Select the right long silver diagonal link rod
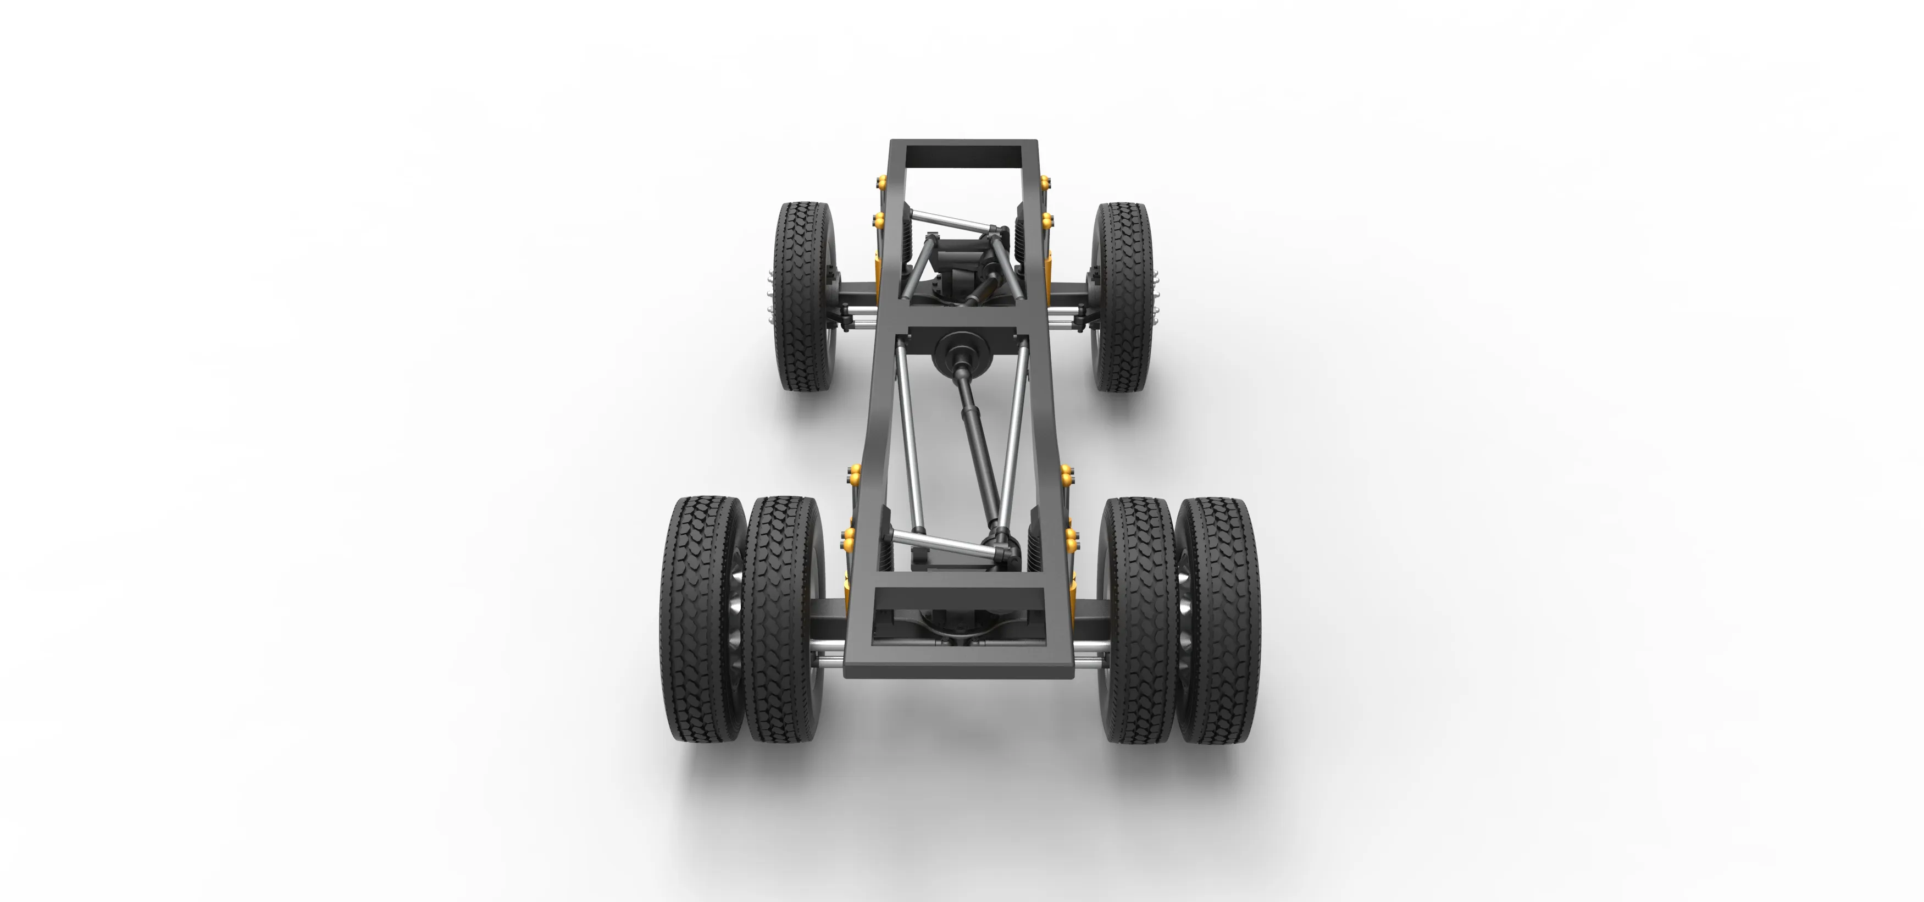tap(1012, 441)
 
